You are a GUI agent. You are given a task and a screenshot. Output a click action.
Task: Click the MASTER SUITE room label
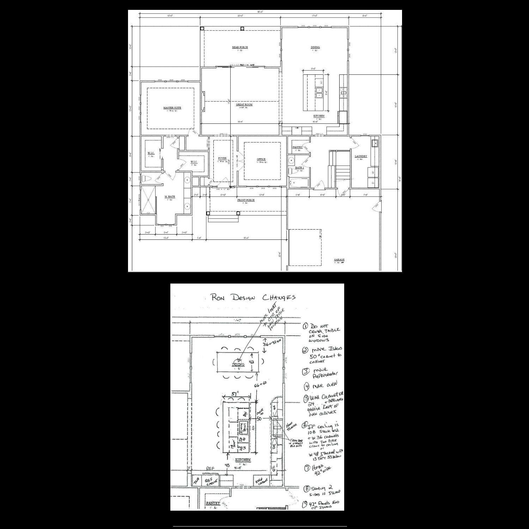pos(172,108)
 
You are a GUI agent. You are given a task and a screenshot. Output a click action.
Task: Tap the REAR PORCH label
pos(240,47)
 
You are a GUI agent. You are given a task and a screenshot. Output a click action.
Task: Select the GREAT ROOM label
pos(244,104)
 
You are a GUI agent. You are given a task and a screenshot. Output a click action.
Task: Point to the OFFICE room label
pos(261,159)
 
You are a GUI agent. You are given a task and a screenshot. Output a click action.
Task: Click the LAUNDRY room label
pos(361,156)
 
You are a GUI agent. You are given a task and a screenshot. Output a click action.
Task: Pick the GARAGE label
pos(339,260)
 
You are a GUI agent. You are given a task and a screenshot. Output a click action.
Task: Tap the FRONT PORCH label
pos(246,200)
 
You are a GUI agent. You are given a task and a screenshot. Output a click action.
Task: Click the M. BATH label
pos(170,196)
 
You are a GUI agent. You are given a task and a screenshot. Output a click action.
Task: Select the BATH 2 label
pos(299,168)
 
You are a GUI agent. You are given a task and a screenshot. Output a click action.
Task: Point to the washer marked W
pos(373,172)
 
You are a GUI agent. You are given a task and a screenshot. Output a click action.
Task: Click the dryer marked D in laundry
pos(373,183)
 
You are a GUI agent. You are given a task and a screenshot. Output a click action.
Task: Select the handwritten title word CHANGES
pos(279,297)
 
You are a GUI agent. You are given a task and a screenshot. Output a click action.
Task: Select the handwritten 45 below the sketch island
pos(227,466)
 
